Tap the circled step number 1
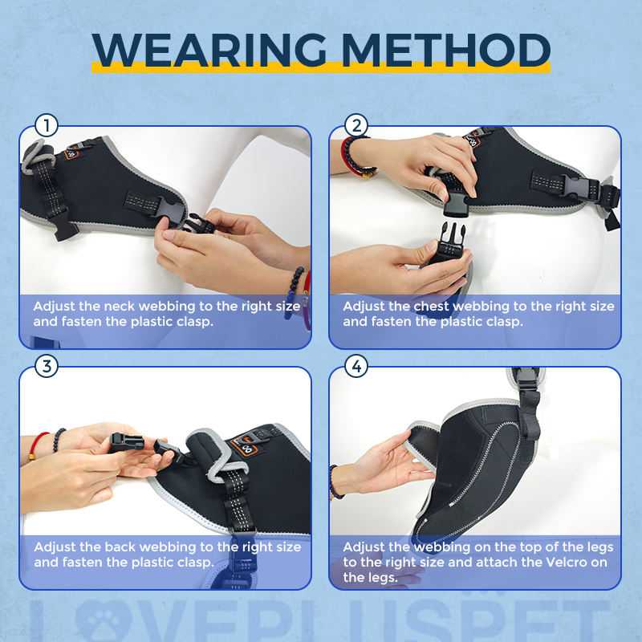[x=47, y=126]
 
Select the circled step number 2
[x=356, y=126]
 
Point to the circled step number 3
[x=47, y=367]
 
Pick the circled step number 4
[x=356, y=367]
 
